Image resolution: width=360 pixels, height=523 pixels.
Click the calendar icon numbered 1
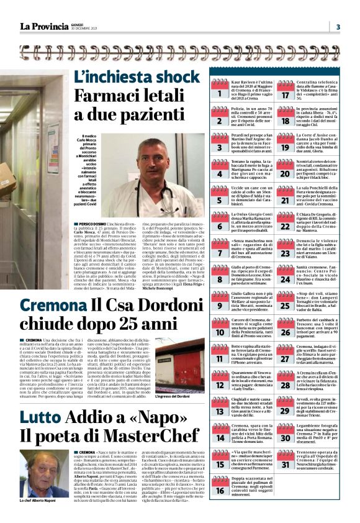click(218, 91)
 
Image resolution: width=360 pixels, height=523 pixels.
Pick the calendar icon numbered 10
click(218, 329)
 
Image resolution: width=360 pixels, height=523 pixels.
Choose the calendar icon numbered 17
click(286, 91)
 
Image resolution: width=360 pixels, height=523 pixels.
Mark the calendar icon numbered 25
click(286, 303)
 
